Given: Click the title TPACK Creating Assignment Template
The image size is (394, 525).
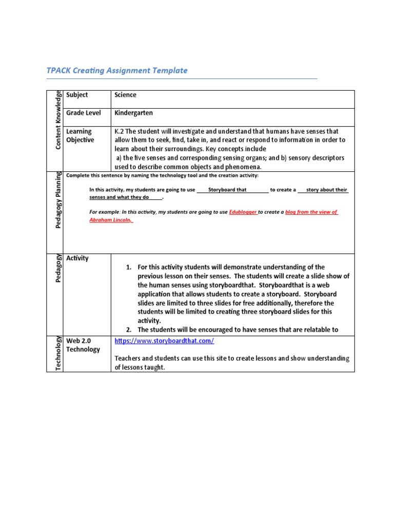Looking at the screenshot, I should (x=117, y=71).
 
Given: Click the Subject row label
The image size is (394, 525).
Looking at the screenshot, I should (x=77, y=95).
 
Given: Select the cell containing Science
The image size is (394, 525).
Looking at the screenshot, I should (x=126, y=95).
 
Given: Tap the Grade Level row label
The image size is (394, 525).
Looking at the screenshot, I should (x=83, y=113).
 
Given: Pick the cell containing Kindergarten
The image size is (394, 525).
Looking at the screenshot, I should (x=133, y=113).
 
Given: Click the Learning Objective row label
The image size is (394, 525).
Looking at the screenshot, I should (x=80, y=136).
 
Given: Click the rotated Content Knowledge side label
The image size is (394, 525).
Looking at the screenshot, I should (x=58, y=120).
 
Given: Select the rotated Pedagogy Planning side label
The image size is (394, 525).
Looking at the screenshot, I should (x=58, y=200).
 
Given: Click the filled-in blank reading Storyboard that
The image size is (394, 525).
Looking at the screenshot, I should (x=227, y=190).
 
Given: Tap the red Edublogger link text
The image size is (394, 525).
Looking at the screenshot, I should (x=243, y=212).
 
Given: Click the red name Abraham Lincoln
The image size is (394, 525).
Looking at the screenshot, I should (x=110, y=219).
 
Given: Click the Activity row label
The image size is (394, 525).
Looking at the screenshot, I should (x=77, y=258).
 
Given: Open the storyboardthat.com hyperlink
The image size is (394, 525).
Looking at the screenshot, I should (x=164, y=341).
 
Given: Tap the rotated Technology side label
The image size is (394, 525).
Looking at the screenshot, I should (x=58, y=354).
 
